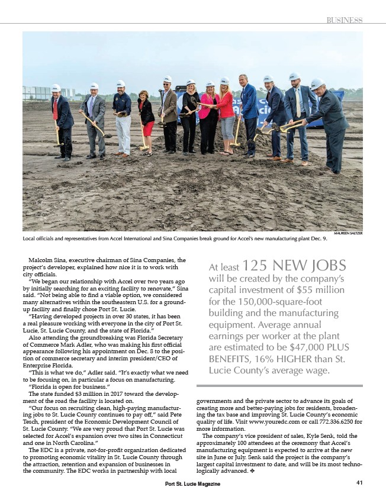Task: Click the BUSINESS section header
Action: [344, 20]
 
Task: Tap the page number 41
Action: [359, 483]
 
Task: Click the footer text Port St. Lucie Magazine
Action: [192, 484]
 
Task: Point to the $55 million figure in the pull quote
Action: [329, 290]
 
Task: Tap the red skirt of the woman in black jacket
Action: [147, 127]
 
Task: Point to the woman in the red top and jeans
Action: [226, 115]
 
